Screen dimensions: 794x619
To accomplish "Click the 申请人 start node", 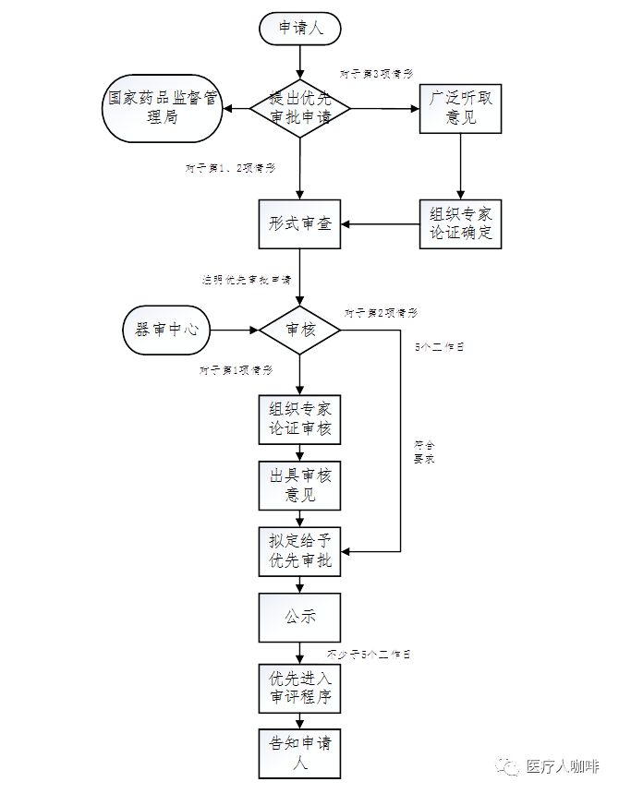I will point(300,29).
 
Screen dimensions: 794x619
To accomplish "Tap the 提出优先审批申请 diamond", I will point(300,109).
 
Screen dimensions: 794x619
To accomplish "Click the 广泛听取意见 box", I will point(460,109).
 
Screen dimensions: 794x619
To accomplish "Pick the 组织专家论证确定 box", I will point(460,223).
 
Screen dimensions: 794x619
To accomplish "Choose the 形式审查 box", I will point(300,223).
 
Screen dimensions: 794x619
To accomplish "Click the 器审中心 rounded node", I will point(167,329).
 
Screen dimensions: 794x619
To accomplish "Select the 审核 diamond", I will point(300,329).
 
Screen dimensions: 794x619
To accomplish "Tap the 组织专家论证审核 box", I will point(300,420).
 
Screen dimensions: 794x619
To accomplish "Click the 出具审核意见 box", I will point(300,486).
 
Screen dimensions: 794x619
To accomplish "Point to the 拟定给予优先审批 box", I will point(300,551).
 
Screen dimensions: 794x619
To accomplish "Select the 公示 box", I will point(300,617).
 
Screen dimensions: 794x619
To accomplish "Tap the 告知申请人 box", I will point(300,752).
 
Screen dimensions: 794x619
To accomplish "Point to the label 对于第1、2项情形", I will point(230,168).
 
